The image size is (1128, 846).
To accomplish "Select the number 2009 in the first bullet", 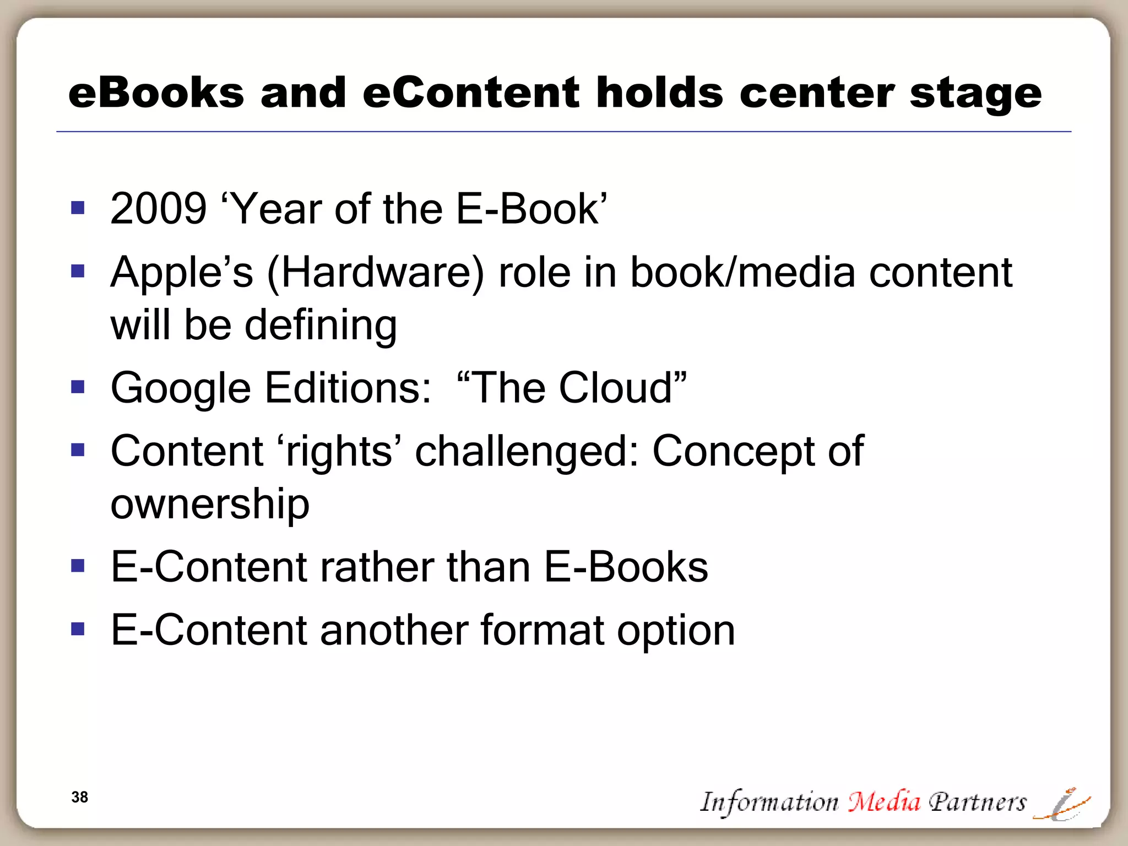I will [158, 209].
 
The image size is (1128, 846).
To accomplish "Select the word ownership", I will [210, 504].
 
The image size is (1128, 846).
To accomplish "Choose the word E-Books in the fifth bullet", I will [626, 567].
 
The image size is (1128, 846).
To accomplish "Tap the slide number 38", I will [80, 797].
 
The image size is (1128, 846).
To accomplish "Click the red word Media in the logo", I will [883, 801].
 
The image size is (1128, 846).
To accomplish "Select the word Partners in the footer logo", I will [977, 802].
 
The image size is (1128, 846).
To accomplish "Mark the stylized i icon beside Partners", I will [1062, 804].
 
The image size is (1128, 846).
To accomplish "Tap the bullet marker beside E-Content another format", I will [78, 628].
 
